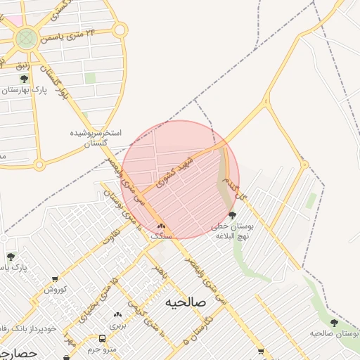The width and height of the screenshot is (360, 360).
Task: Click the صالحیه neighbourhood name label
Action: click(x=186, y=302)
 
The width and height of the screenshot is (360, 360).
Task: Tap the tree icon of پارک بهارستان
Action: click(x=25, y=79)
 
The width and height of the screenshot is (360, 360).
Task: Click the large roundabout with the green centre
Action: click(x=27, y=38)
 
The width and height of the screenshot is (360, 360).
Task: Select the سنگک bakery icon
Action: click(x=161, y=226)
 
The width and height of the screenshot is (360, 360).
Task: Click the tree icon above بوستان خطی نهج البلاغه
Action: click(x=233, y=215)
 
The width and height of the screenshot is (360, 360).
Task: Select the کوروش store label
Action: click(x=56, y=290)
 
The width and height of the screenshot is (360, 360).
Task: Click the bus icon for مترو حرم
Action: click(x=103, y=337)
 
